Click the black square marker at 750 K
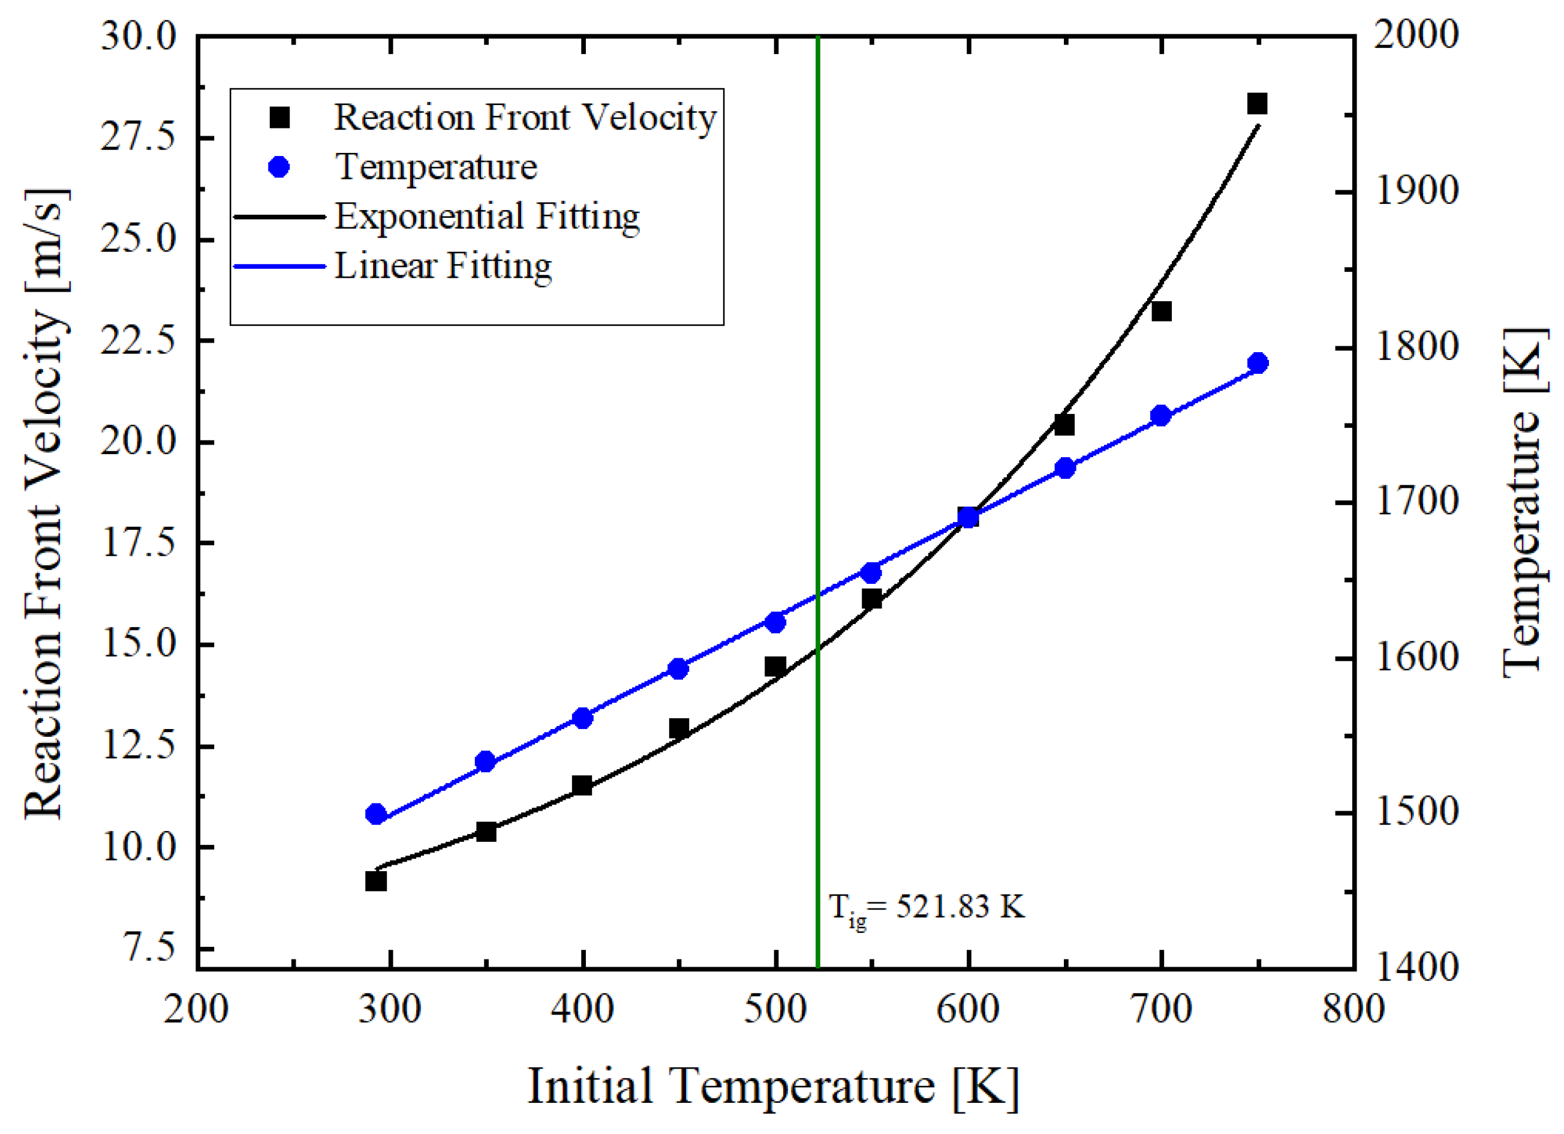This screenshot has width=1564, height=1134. click(1257, 104)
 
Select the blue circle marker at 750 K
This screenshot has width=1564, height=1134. click(1258, 364)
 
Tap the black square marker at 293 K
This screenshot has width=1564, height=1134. click(376, 881)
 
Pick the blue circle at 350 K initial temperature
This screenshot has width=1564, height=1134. click(486, 762)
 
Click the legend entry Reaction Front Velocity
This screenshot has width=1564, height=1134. click(525, 117)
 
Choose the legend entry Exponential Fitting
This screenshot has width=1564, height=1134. click(487, 217)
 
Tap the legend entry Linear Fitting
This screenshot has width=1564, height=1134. click(443, 266)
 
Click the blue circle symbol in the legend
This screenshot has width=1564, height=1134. click(279, 167)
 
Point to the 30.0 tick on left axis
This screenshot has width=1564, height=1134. click(139, 35)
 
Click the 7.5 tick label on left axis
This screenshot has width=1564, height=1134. click(149, 949)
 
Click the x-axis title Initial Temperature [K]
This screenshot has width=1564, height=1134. click(773, 1087)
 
